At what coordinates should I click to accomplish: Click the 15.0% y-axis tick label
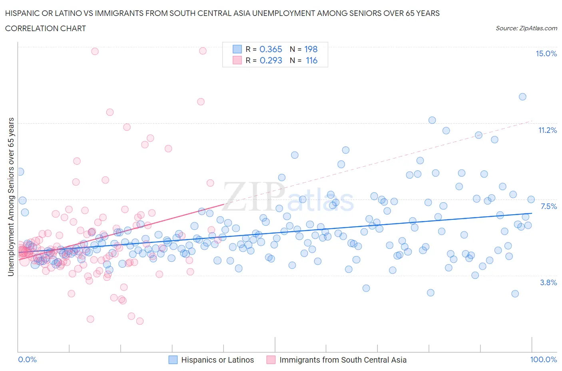pos(546,54)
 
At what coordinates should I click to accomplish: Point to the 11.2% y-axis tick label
pos(547,130)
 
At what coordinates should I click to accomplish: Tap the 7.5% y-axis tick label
pos(548,206)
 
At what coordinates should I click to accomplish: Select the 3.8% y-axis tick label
pos(548,282)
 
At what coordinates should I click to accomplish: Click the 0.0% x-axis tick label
pos(28,359)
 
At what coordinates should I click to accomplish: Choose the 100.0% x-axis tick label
pos(543,359)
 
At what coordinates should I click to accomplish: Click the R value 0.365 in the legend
pos(271,49)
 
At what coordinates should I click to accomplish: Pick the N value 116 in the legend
pos(311,60)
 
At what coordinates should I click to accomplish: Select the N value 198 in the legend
pos(311,49)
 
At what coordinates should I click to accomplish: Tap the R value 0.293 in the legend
pos(271,60)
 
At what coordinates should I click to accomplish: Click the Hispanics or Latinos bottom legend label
pos(217,360)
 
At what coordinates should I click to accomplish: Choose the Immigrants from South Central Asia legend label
pos(343,360)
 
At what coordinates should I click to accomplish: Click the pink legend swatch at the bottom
pos(271,360)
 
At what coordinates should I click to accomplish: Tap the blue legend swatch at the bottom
pos(173,360)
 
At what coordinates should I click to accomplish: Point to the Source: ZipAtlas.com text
pos(526,28)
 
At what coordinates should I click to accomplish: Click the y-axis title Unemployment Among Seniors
pos(11,197)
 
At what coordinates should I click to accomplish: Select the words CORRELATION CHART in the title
pos(46,28)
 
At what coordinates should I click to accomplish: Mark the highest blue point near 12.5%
pos(522,97)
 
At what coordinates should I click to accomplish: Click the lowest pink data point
pos(140,321)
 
